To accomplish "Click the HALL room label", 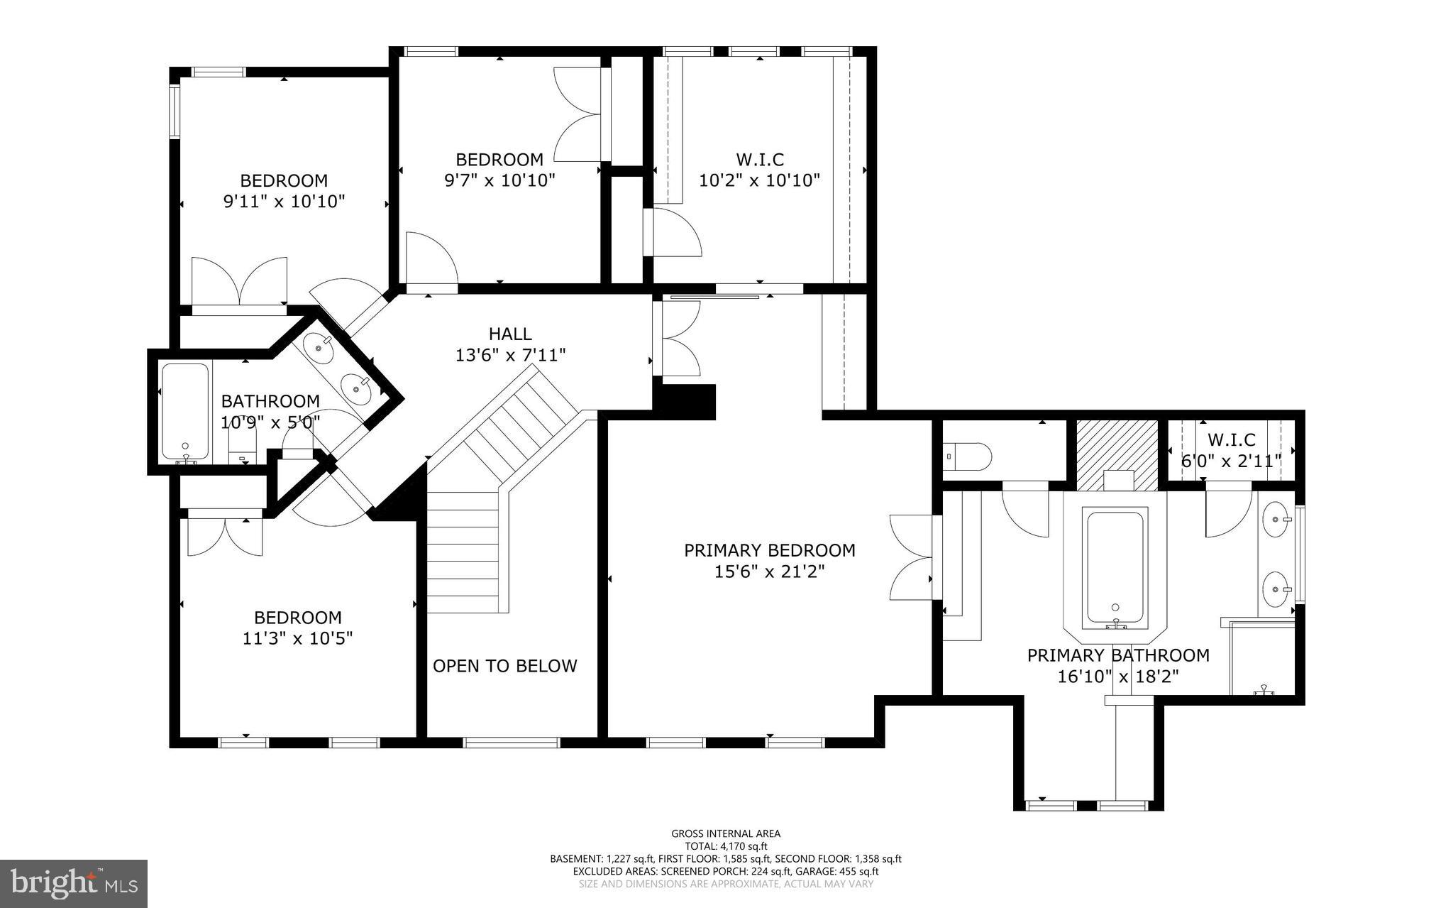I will pyautogui.click(x=509, y=334).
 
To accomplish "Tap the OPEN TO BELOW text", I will pyautogui.click(x=504, y=666).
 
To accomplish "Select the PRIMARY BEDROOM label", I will pyautogui.click(x=769, y=550).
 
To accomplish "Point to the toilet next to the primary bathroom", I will pyautogui.click(x=968, y=456).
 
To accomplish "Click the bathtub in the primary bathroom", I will pyautogui.click(x=1115, y=568).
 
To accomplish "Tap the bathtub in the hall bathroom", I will pyautogui.click(x=185, y=411).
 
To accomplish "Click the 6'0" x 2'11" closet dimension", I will pyautogui.click(x=1231, y=461).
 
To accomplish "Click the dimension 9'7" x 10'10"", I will pyautogui.click(x=499, y=180).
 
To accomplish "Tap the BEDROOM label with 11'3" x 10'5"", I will pyautogui.click(x=297, y=618).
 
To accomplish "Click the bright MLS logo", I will pyautogui.click(x=74, y=883).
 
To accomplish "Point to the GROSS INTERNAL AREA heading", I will pyautogui.click(x=726, y=834).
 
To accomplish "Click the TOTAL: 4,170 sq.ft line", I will pyautogui.click(x=726, y=846).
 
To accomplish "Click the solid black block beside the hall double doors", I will pyautogui.click(x=685, y=401).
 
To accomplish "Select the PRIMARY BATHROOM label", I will pyautogui.click(x=1117, y=655).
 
